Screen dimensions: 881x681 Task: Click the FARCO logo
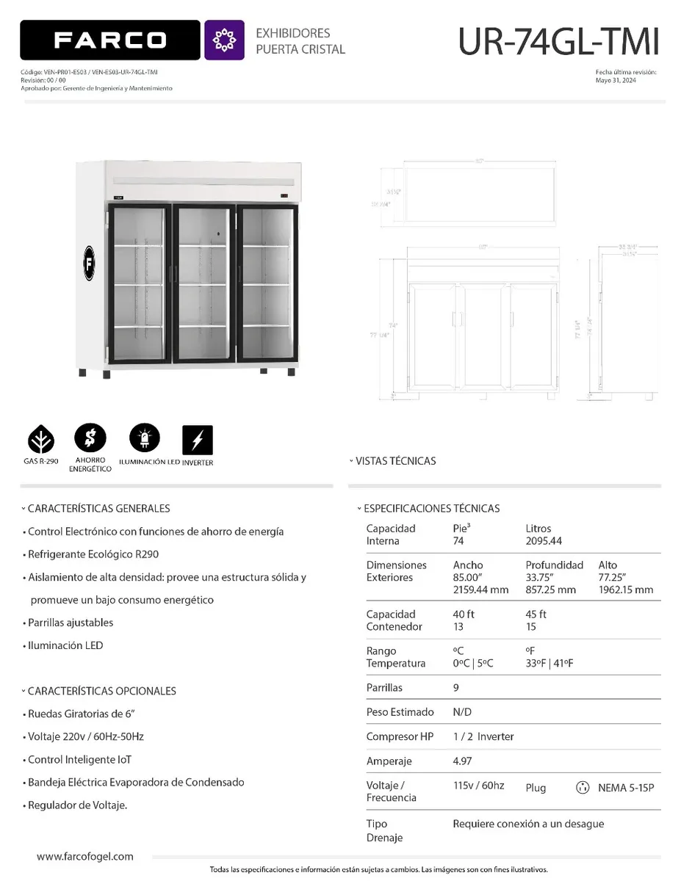tap(110, 40)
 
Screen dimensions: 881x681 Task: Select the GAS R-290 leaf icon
tap(41, 440)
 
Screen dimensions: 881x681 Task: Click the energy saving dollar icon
tap(90, 439)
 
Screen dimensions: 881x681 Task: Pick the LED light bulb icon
tap(144, 439)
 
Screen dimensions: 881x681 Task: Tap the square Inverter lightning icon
tap(197, 440)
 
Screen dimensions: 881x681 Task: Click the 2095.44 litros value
tap(544, 541)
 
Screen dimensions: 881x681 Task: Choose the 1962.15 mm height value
tap(625, 590)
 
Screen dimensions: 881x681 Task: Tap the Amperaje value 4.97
tap(464, 761)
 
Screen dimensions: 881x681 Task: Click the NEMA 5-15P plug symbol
tap(583, 788)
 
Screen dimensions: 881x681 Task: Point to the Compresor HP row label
tap(400, 736)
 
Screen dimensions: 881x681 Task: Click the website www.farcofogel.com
tap(85, 856)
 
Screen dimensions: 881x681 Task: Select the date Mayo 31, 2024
tap(616, 81)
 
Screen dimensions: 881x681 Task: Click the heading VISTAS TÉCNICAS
tap(395, 461)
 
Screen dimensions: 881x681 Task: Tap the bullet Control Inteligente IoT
tap(79, 759)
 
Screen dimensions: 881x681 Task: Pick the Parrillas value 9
tap(456, 688)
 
